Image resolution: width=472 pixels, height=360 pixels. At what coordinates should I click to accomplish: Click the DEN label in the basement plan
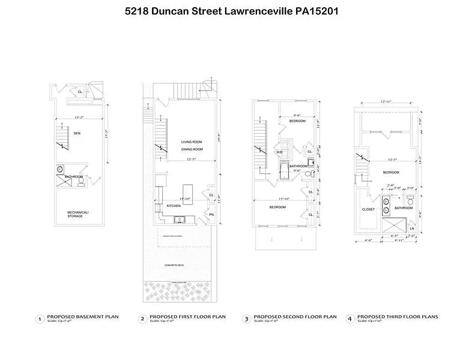(77, 133)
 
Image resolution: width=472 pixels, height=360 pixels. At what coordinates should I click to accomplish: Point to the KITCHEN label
(174, 206)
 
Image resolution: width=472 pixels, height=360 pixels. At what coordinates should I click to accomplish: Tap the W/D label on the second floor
(279, 152)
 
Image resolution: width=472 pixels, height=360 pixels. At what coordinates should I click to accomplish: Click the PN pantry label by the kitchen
(211, 214)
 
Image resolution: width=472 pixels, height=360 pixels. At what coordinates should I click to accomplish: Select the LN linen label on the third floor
(412, 229)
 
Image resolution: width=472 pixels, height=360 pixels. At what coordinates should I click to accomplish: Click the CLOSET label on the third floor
(368, 209)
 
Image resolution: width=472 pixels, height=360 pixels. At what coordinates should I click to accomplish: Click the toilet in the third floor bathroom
(411, 203)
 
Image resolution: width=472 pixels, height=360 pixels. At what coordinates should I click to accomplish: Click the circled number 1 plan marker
(40, 319)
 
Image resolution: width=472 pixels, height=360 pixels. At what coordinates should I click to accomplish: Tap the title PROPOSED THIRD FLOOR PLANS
(398, 316)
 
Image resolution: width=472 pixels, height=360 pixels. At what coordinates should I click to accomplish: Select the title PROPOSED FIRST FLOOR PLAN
(187, 316)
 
